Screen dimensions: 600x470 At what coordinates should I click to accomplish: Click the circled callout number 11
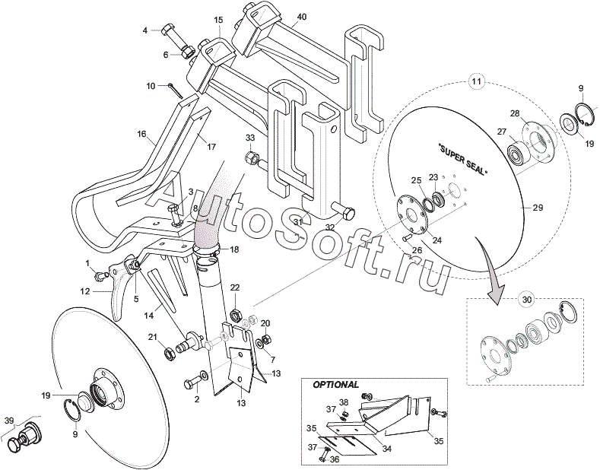tap(477, 81)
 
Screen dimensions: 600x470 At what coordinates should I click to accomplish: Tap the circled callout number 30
tap(527, 300)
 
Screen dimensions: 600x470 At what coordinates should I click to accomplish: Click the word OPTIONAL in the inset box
tap(336, 385)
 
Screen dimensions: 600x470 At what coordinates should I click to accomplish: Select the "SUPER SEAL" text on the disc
tap(462, 160)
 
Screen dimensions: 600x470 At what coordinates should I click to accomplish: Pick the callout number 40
tap(302, 17)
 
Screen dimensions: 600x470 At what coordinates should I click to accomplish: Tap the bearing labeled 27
tap(517, 154)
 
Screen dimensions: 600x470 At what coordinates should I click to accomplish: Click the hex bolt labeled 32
tap(342, 211)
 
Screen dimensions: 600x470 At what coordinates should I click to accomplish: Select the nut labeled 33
tap(251, 157)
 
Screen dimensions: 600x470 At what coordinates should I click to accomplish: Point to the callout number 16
tap(141, 134)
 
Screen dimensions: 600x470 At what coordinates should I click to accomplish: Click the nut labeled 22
tap(235, 316)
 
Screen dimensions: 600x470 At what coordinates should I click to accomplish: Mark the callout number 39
tap(9, 421)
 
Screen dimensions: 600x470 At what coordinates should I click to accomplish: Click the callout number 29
tap(538, 208)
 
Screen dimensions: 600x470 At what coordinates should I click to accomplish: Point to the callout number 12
tap(85, 291)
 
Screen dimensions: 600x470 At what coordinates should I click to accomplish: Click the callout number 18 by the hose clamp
tap(234, 249)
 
